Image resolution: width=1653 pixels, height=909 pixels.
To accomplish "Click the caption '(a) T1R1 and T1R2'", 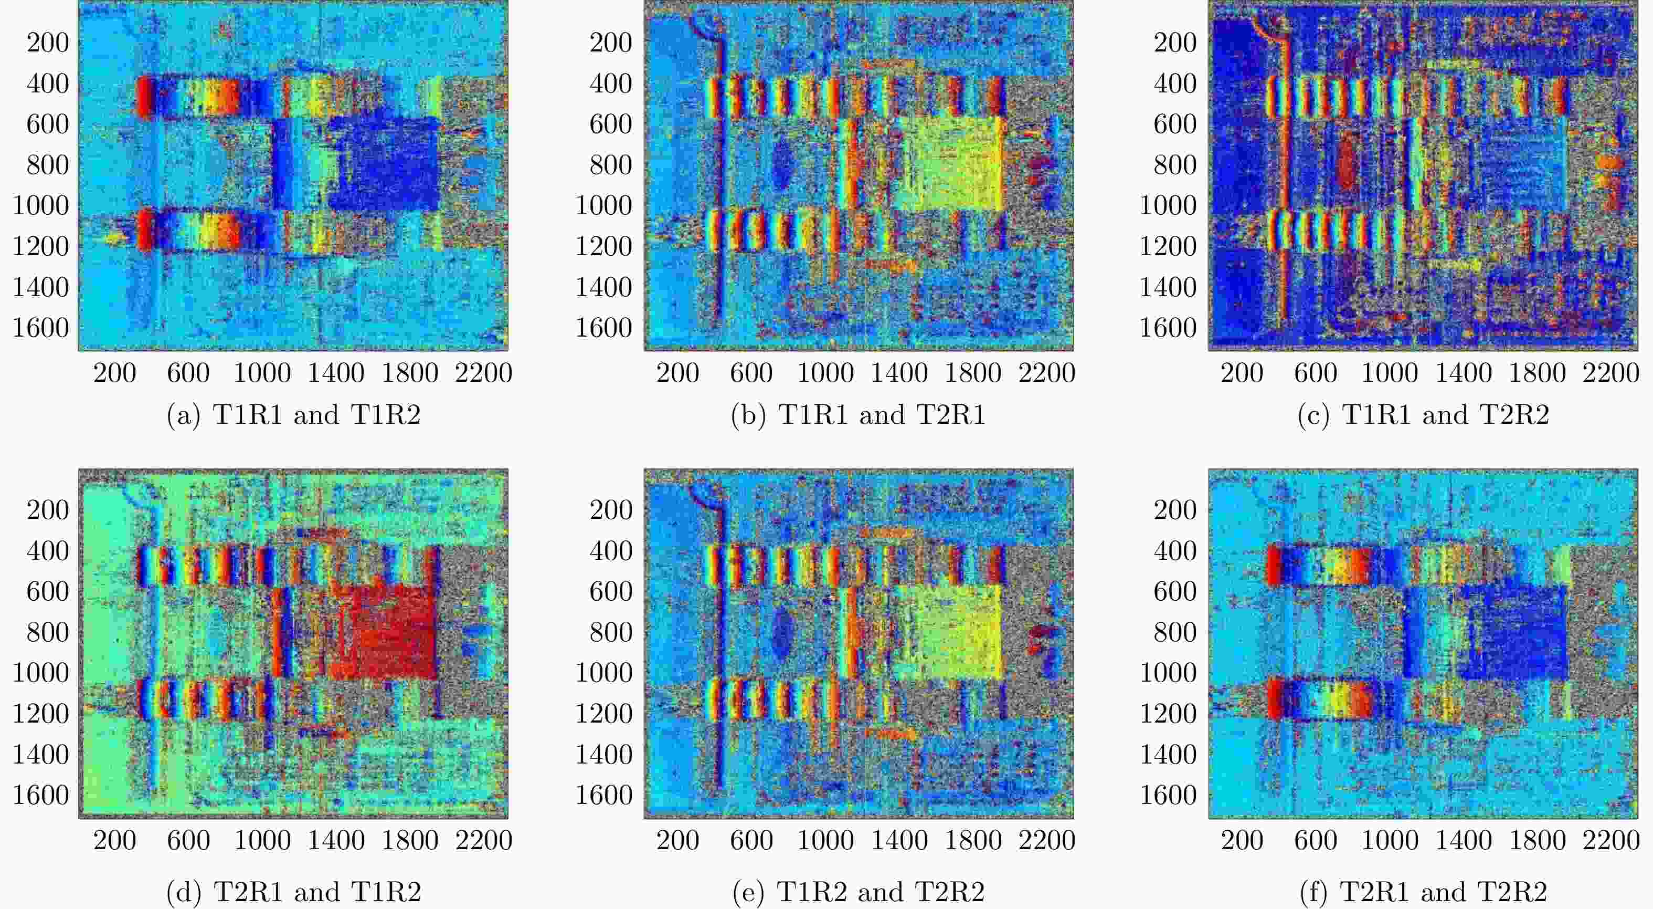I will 293,415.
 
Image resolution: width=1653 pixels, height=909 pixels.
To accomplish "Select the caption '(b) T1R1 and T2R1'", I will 858,415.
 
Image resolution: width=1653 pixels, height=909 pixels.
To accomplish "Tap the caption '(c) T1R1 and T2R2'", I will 1423,415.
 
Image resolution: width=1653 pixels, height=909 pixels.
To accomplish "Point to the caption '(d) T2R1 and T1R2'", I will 293,892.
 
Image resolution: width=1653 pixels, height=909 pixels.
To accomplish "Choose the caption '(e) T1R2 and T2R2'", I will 858,892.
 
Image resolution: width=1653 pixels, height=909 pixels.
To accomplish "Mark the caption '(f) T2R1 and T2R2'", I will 1423,892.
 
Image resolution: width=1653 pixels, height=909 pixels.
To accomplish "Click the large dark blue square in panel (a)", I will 385,164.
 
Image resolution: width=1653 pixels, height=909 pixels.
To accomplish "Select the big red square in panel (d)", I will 385,632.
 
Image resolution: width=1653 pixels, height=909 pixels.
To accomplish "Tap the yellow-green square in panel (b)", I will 948,164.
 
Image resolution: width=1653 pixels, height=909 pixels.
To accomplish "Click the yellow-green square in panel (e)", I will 948,632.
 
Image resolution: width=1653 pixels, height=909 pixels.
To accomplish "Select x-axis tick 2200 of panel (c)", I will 1610,373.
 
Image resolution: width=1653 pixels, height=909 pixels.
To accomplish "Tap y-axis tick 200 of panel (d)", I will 47,510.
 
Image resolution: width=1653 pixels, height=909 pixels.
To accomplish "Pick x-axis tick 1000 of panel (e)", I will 825,840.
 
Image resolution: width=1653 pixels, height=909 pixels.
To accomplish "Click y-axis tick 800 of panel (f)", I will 1175,632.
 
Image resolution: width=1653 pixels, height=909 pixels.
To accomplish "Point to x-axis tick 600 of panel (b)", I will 751,373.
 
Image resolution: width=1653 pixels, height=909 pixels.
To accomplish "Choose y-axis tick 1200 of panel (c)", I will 1168,246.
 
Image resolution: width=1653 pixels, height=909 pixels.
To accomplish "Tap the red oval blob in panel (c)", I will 1346,164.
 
